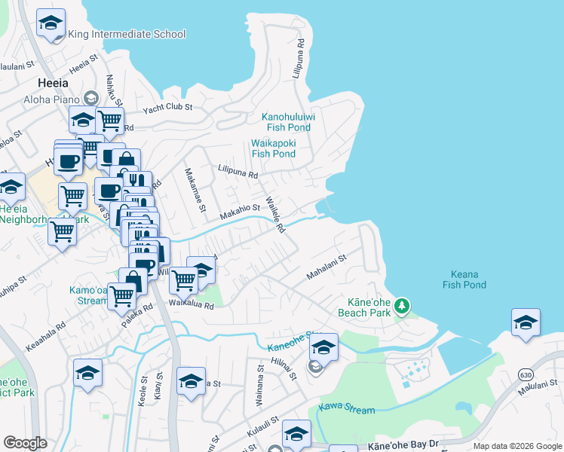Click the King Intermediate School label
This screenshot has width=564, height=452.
[x=127, y=34]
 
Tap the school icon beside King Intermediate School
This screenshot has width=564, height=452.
[x=51, y=24]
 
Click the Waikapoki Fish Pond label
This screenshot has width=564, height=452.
[x=273, y=148]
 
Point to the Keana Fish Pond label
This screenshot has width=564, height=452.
[x=468, y=279]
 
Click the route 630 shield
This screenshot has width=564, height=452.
[x=526, y=374]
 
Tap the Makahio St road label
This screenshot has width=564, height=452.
[x=240, y=212]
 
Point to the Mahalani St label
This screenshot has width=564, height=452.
[x=326, y=268]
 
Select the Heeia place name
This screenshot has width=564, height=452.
[x=54, y=82]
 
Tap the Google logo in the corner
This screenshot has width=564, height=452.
[x=25, y=443]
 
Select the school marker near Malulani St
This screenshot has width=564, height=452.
[x=526, y=322]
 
